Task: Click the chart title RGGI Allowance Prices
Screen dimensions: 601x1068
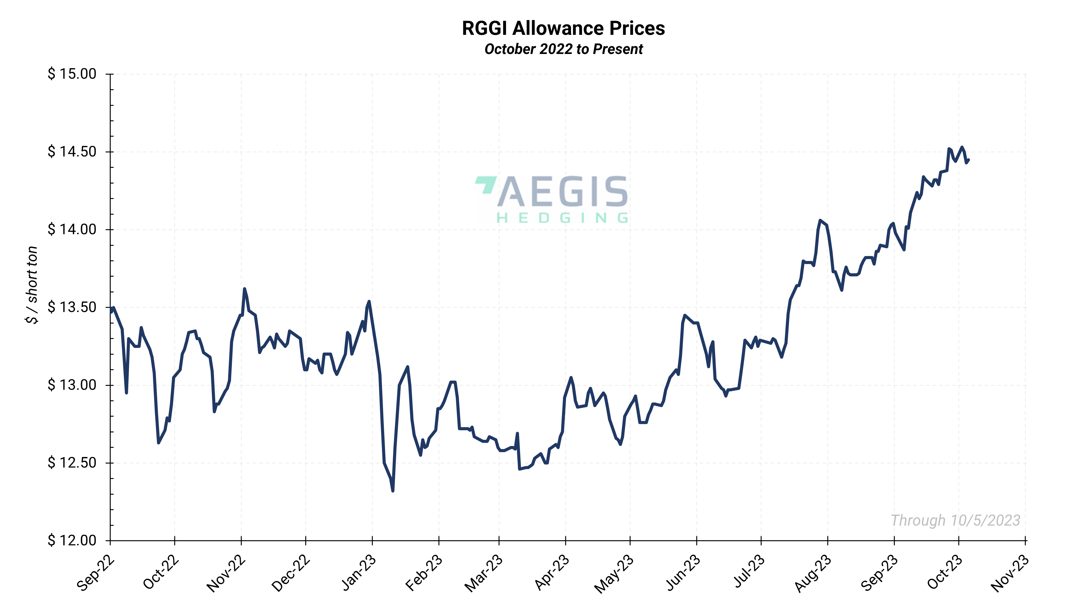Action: point(563,28)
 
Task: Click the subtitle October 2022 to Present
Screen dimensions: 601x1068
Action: point(563,49)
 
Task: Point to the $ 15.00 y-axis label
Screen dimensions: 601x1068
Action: point(72,74)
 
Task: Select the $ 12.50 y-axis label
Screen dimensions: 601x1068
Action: point(72,463)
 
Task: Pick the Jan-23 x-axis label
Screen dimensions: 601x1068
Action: point(358,572)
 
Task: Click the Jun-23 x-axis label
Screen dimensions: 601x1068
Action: point(683,572)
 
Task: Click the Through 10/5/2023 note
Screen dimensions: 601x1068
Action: point(955,520)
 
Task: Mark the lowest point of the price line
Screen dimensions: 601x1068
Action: point(392,491)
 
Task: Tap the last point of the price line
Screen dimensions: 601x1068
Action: point(968,160)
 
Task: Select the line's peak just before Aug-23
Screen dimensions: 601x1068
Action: point(820,220)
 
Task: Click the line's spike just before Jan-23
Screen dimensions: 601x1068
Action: point(368,302)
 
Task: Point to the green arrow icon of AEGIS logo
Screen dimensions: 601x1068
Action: point(486,185)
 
